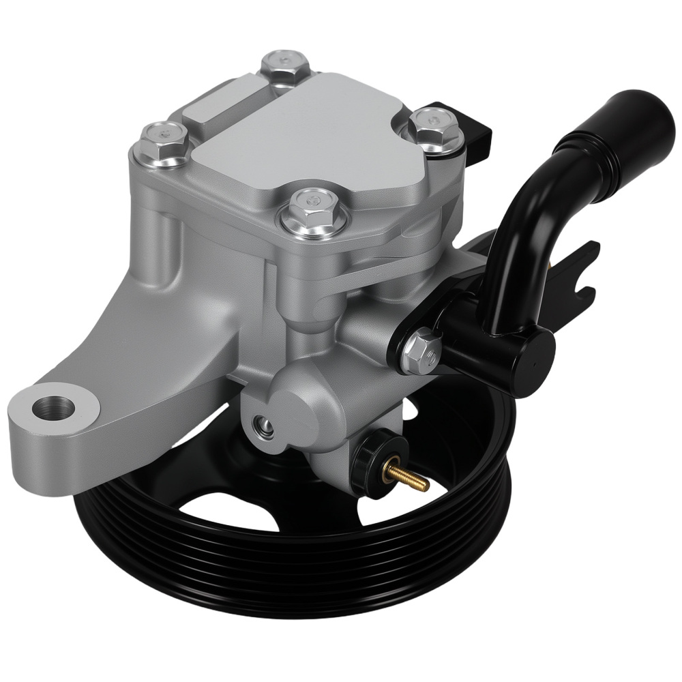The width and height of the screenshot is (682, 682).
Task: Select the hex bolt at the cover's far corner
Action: pos(286,66)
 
